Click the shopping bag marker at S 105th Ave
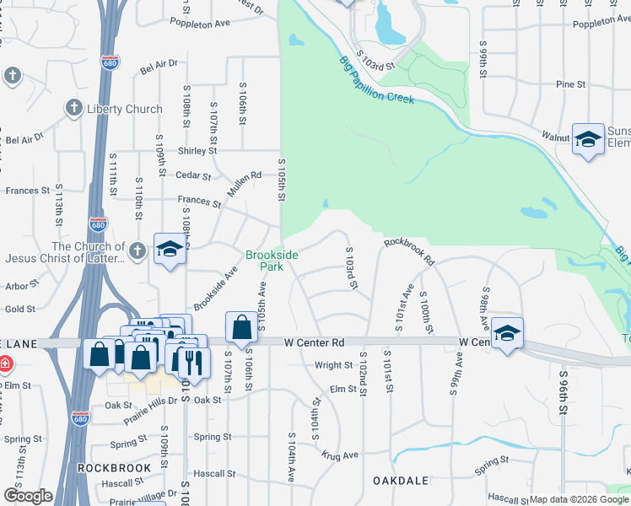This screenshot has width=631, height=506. pyautogui.click(x=241, y=330)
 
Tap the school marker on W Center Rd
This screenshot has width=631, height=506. pyautogui.click(x=506, y=335)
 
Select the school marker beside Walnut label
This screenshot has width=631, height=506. pyautogui.click(x=588, y=140)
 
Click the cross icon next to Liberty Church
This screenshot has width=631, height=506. pyautogui.click(x=73, y=108)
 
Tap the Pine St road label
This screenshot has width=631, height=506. pyautogui.click(x=570, y=84)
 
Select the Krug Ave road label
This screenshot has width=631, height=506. pyautogui.click(x=339, y=455)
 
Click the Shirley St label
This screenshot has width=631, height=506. pyautogui.click(x=192, y=151)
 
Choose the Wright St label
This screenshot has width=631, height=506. pyautogui.click(x=333, y=365)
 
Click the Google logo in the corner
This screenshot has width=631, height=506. pyautogui.click(x=29, y=496)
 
